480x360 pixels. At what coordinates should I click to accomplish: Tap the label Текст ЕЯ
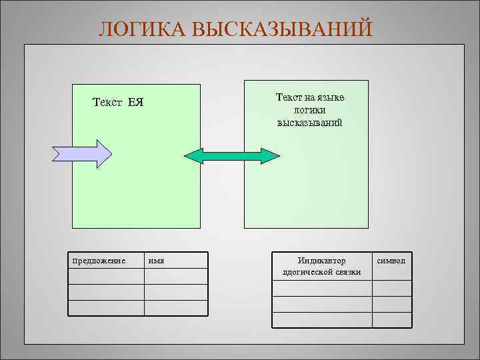[118, 103]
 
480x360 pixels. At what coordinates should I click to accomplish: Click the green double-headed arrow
[232, 155]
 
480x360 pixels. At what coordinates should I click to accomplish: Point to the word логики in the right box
[309, 110]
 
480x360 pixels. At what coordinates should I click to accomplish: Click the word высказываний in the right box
[309, 123]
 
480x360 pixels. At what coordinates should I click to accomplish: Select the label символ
[391, 260]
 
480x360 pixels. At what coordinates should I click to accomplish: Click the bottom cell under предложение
[106, 308]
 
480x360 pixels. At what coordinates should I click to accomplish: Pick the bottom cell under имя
[176, 308]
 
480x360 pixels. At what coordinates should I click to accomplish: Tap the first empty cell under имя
[176, 276]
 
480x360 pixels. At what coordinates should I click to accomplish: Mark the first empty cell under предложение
[106, 276]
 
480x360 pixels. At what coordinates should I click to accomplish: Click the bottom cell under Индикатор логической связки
[321, 320]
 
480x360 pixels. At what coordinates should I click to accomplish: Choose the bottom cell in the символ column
[391, 320]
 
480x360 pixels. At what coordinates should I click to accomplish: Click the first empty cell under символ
[391, 288]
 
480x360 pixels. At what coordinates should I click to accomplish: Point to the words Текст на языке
[309, 97]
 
